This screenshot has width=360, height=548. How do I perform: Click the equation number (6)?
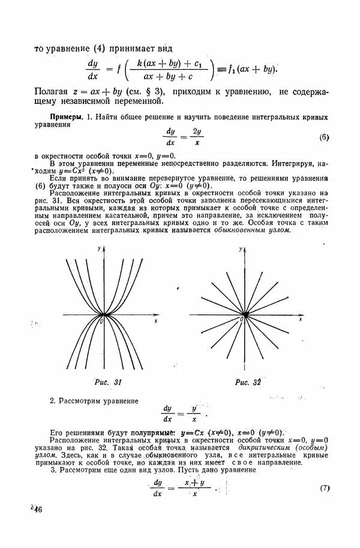(325, 137)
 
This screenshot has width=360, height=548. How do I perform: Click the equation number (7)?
(325, 488)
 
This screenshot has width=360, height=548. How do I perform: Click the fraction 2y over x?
(197, 137)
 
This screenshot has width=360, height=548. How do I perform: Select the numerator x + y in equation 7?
(195, 482)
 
